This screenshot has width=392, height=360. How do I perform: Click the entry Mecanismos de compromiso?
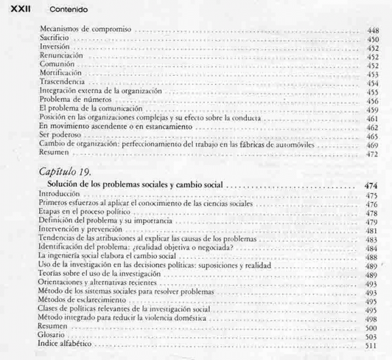point(86,30)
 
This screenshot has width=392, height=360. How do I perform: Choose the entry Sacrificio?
point(54,39)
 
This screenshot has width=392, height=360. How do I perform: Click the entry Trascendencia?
point(62,83)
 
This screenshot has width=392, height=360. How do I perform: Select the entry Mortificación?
point(61,74)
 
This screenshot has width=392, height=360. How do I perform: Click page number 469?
point(373,144)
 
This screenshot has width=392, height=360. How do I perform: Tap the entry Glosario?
point(52,335)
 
